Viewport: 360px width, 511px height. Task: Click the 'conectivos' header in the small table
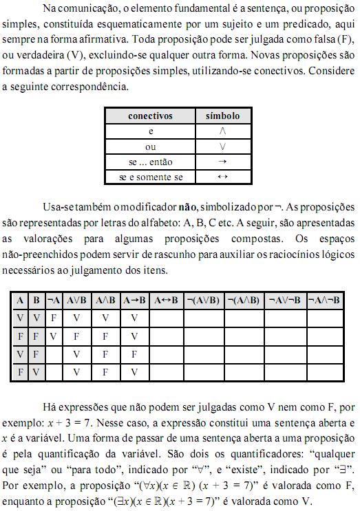[151, 116]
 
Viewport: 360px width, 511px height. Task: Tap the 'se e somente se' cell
[151, 177]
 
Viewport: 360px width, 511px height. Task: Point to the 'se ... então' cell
[151, 162]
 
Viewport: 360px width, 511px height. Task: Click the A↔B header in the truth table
[166, 301]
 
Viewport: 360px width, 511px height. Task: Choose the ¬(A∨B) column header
[204, 301]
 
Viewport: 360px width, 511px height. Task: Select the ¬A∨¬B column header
[284, 301]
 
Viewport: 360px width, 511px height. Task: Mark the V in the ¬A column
[53, 337]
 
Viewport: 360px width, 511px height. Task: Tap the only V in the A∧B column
[106, 319]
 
